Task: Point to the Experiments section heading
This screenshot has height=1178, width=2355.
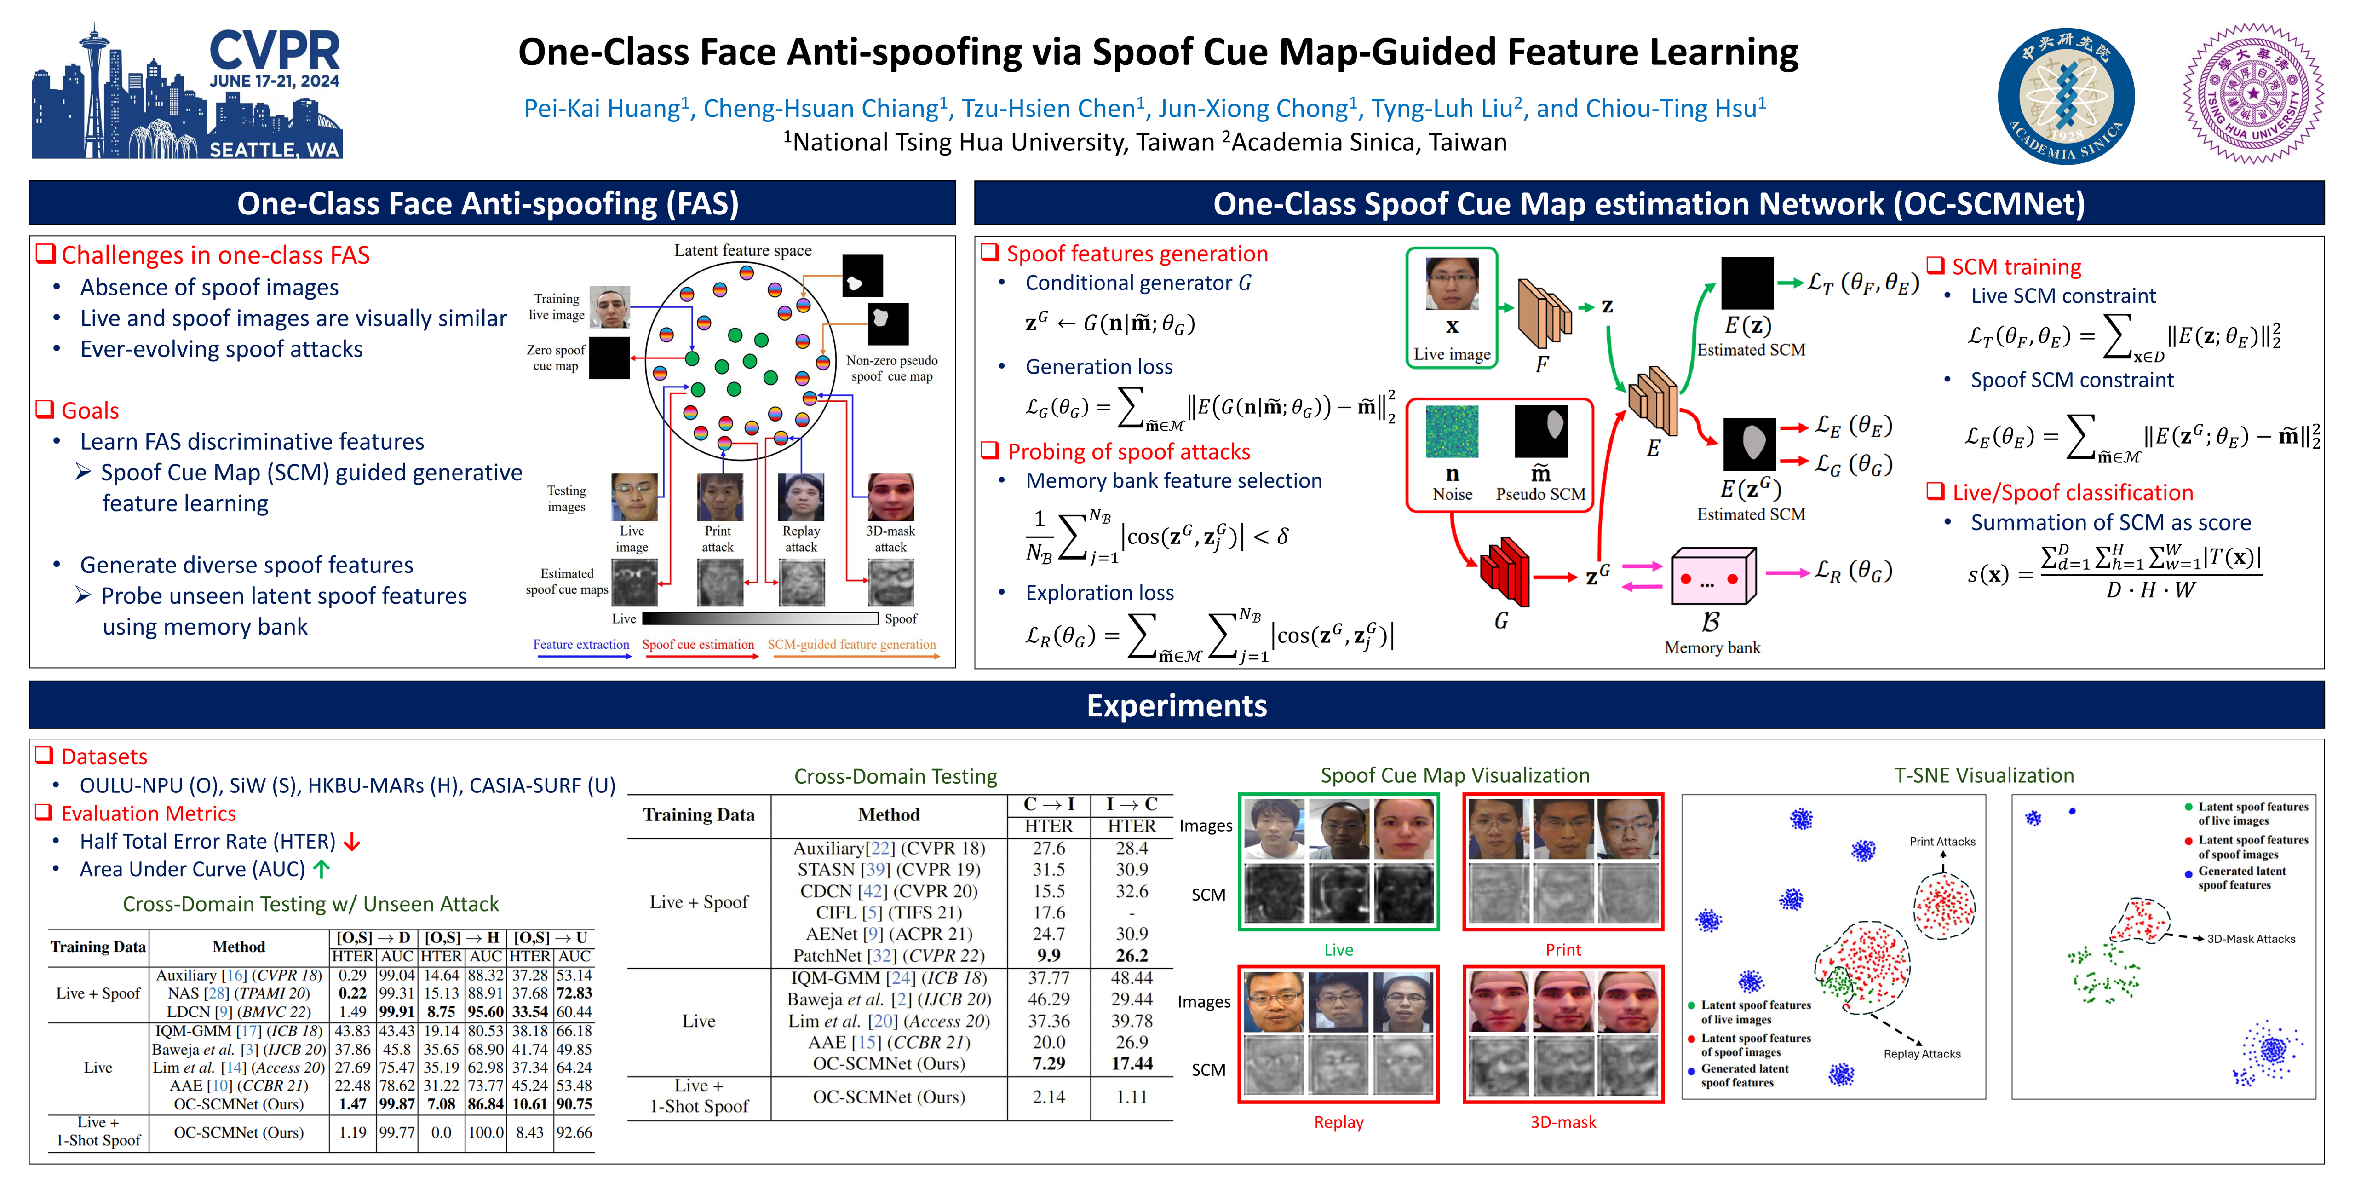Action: point(1177,706)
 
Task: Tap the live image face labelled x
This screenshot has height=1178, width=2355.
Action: point(1452,283)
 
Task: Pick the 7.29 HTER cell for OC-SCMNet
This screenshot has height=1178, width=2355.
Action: point(1049,1064)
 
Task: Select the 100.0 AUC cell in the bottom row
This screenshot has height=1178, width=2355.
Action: point(485,1132)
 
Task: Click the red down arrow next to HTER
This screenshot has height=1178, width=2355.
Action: point(352,843)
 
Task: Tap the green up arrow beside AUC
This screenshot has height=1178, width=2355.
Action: point(321,870)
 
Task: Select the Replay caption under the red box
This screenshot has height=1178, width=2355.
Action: point(1338,1122)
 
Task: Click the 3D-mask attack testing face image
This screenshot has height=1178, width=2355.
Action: point(890,497)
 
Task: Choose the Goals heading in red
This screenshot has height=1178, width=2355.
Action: point(90,410)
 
